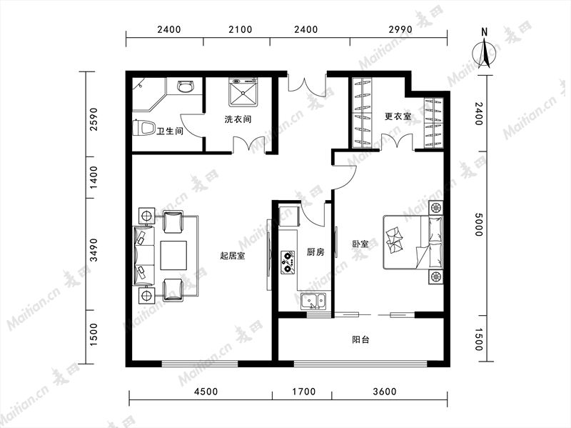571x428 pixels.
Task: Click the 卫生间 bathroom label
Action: [x=170, y=131]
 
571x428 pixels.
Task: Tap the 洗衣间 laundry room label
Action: [x=238, y=119]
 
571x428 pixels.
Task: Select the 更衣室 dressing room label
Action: [x=398, y=116]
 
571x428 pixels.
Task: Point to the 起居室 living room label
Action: [x=233, y=256]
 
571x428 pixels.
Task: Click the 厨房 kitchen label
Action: [x=315, y=252]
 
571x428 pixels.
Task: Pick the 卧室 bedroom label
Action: [x=360, y=244]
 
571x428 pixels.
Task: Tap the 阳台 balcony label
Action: [x=361, y=340]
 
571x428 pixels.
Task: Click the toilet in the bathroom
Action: [x=143, y=128]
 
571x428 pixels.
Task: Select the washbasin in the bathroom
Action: [x=186, y=86]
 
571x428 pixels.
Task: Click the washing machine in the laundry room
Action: [x=243, y=92]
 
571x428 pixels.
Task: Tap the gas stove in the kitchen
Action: [x=288, y=262]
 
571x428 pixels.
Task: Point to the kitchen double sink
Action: [x=313, y=301]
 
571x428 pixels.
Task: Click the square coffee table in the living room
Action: [x=174, y=255]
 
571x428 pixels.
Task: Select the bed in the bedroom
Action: [x=413, y=242]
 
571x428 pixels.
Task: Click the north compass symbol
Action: [x=485, y=51]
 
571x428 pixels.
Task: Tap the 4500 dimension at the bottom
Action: [x=206, y=392]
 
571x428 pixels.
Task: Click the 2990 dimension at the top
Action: [x=400, y=29]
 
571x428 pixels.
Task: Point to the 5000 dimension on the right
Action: [x=479, y=224]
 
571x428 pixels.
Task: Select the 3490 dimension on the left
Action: [x=94, y=250]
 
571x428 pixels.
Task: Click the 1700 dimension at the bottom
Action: [x=304, y=392]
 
